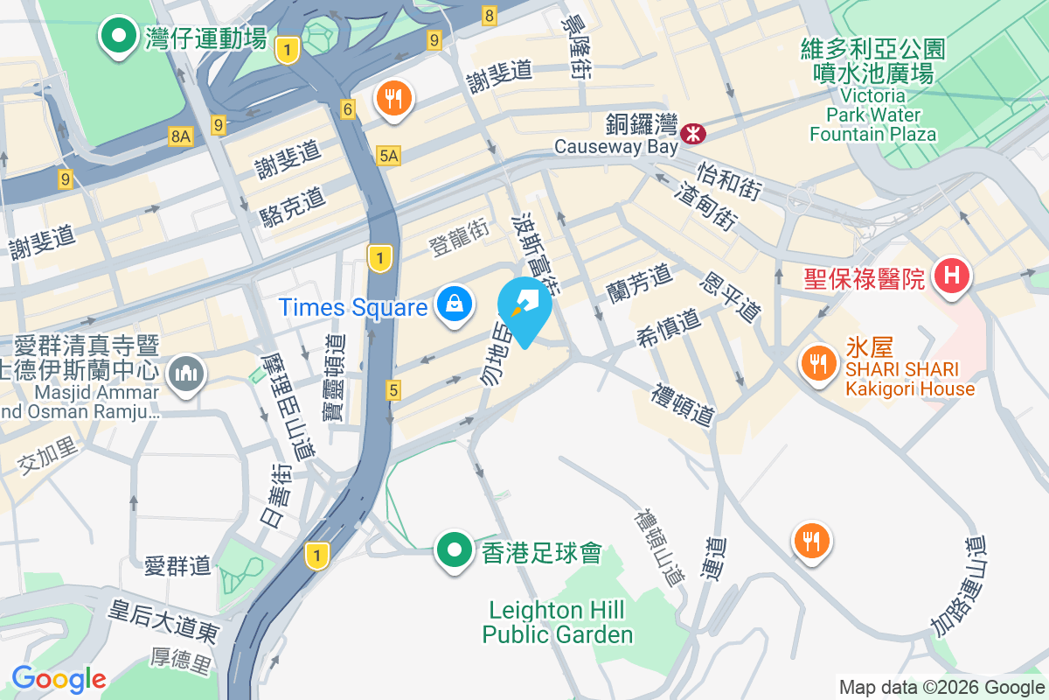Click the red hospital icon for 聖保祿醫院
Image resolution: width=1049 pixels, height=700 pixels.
point(952,277)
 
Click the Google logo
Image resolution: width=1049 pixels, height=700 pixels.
point(59,679)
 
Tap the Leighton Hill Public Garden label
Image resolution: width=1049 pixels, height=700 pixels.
point(557,621)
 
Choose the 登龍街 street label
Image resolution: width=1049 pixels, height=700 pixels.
point(458,237)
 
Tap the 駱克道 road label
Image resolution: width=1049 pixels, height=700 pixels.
point(293,207)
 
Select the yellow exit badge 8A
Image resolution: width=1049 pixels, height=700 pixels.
point(180,136)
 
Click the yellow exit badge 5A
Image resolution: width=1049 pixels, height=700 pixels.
point(388,156)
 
